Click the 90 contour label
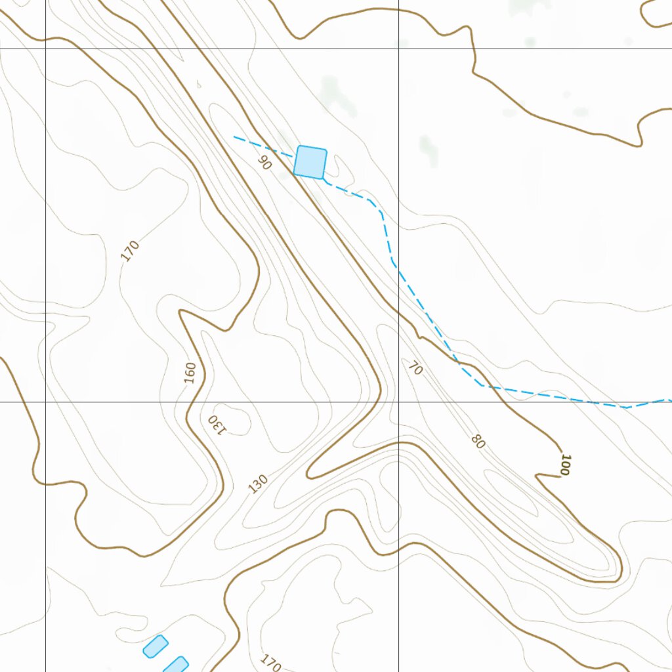(x=264, y=162)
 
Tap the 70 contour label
(x=415, y=369)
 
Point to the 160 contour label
(x=190, y=373)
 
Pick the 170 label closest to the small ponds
(x=270, y=663)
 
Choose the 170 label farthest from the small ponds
(x=131, y=251)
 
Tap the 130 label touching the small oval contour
(x=217, y=425)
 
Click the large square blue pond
(x=310, y=161)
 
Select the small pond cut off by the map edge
(x=176, y=664)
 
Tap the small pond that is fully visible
(x=156, y=646)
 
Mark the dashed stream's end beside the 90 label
(x=235, y=137)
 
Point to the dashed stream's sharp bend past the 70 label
(x=484, y=386)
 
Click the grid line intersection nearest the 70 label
(x=399, y=402)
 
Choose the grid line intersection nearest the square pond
(x=399, y=49)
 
